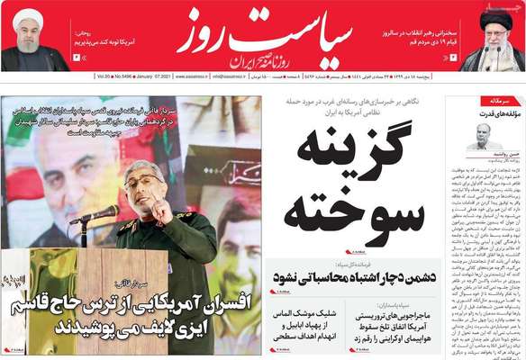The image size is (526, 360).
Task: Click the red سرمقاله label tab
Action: click(x=499, y=102)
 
